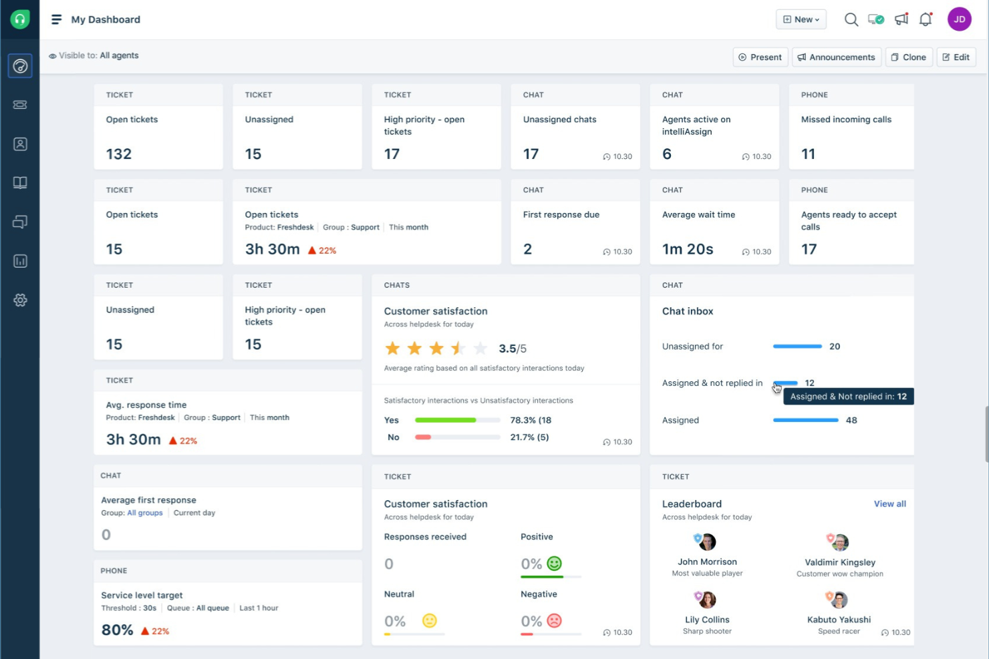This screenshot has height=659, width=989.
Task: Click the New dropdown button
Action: coord(801,19)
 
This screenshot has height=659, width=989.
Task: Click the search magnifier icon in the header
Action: coord(851,19)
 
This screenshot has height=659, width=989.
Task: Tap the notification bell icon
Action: coord(926,19)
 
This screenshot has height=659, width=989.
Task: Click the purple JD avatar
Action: coord(959,19)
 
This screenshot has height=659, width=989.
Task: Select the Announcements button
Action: coord(836,57)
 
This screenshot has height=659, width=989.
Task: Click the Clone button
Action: coord(909,57)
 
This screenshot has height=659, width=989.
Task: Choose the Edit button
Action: coord(956,57)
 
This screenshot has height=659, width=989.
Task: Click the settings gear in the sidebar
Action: coord(20,300)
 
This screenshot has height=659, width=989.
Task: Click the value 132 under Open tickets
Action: coord(119,154)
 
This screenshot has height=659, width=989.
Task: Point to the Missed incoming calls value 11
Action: coord(808,154)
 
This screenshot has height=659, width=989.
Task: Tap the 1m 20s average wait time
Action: coord(688,249)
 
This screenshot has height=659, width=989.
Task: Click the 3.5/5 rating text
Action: coord(513,349)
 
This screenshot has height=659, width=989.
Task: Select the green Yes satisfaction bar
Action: coord(445,420)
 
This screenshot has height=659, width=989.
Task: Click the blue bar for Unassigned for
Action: coord(797,347)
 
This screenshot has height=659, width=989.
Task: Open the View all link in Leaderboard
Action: coord(889,504)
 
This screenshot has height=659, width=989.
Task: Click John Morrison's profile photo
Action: coord(706,541)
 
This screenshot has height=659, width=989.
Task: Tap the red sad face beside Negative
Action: coord(554,621)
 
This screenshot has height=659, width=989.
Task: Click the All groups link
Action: coord(145,513)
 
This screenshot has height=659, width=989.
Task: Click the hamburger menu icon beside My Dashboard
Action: coord(57,19)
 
